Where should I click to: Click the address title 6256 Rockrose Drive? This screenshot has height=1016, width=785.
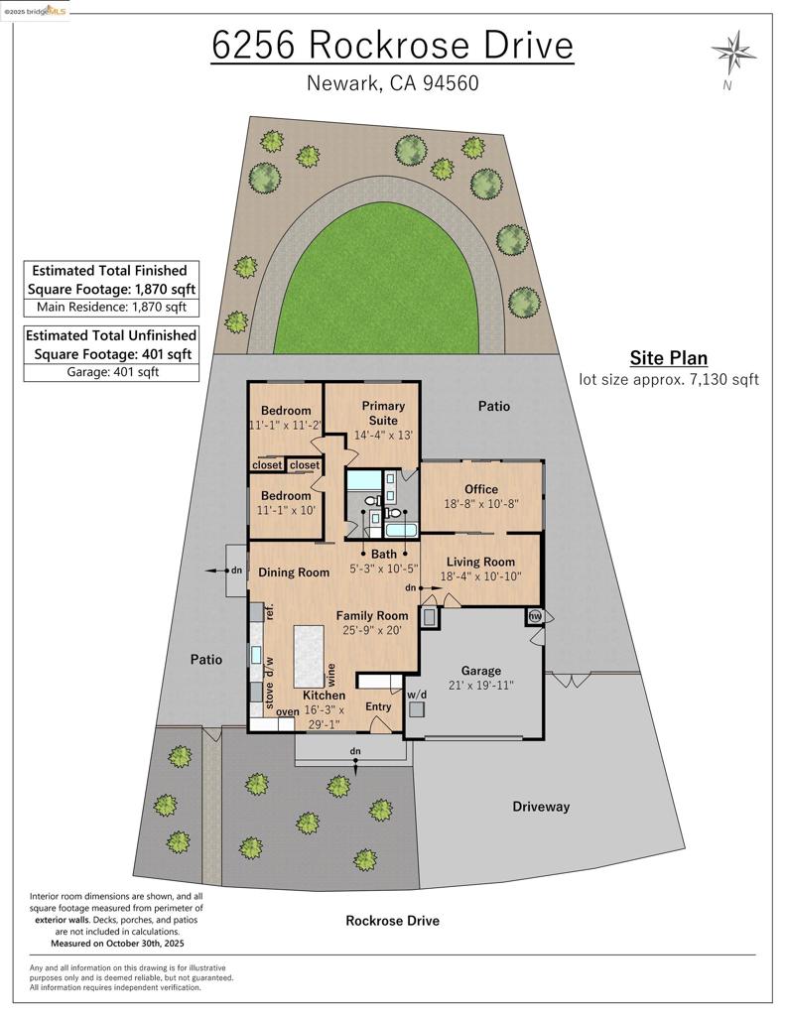point(392,46)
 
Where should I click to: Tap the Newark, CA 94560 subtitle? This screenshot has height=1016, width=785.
point(392,83)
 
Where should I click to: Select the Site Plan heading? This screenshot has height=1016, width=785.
point(668,358)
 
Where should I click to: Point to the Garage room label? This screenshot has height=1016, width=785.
point(482,671)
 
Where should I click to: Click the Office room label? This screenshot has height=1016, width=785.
point(481,489)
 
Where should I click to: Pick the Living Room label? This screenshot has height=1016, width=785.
point(480,563)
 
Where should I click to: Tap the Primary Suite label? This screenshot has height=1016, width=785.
point(383,413)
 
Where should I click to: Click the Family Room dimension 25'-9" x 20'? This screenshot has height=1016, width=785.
point(372,630)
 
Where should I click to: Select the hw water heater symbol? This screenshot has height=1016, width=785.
point(535,616)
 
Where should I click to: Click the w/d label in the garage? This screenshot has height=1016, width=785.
point(417,694)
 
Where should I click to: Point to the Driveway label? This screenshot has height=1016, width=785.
point(541,807)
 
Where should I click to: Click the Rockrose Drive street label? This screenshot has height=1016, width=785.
point(392,921)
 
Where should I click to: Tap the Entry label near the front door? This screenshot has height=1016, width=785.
point(378,706)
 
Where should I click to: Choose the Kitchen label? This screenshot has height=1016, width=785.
point(324,696)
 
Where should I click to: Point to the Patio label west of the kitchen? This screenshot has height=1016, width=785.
point(206,659)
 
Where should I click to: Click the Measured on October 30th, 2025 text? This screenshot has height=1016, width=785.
point(116,944)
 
